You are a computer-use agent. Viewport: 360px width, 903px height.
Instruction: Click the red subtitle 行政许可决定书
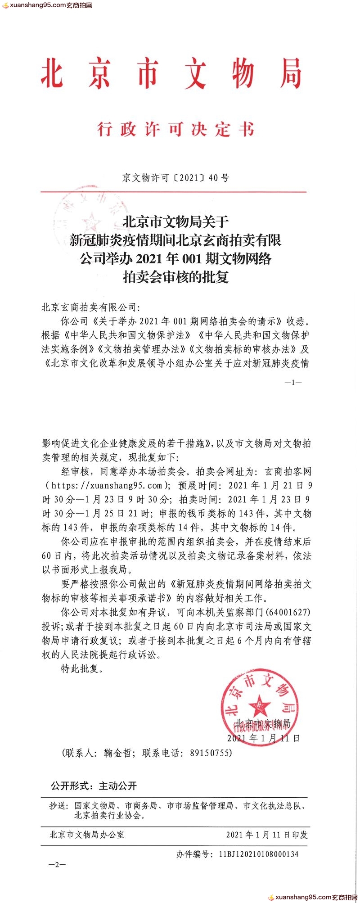coord(175,130)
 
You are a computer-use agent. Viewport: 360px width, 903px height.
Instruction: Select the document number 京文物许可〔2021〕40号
coord(175,178)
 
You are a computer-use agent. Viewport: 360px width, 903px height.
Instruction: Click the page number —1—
coord(293,382)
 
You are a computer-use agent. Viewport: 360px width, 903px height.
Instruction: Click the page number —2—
coord(57,865)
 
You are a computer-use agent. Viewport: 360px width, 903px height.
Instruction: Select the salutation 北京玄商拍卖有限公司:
coord(91,307)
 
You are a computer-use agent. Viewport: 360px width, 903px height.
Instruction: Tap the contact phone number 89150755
coord(211,753)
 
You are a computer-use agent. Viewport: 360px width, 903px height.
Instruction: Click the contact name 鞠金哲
coord(117,753)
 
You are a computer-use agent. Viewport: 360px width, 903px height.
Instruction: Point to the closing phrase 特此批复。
coord(82,668)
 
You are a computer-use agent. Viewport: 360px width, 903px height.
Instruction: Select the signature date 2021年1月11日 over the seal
coord(263,738)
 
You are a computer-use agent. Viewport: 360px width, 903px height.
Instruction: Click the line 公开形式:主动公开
coord(94,786)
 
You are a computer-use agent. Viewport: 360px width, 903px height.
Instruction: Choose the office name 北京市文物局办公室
coord(87,835)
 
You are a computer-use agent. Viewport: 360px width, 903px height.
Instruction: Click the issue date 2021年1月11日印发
coord(267,835)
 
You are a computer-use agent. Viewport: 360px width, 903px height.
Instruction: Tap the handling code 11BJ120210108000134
coord(259,854)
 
